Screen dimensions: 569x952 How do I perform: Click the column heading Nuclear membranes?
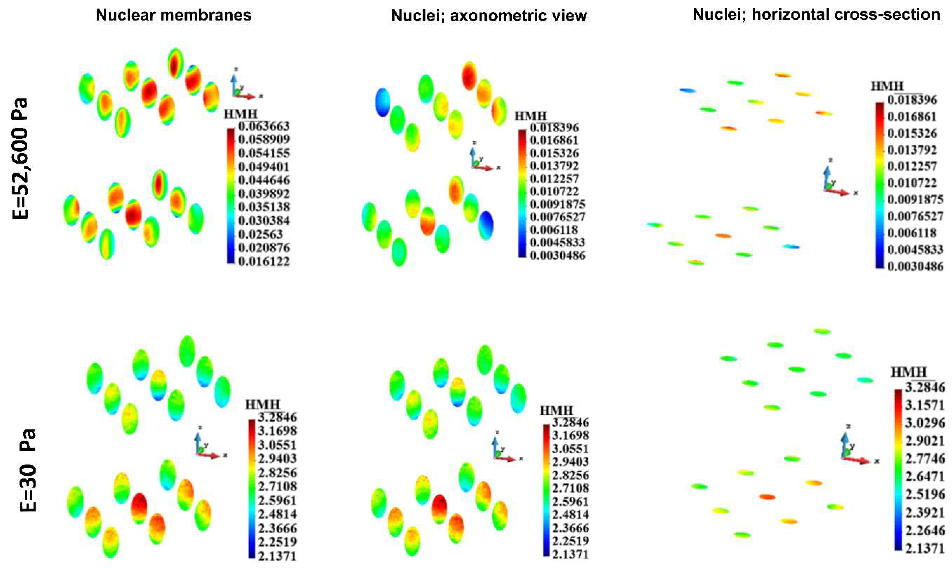[x=174, y=15]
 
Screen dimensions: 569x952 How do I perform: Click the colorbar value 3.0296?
[x=925, y=423]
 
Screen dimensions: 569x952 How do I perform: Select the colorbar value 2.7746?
[x=925, y=459]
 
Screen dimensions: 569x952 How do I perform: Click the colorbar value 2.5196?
[x=925, y=494]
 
